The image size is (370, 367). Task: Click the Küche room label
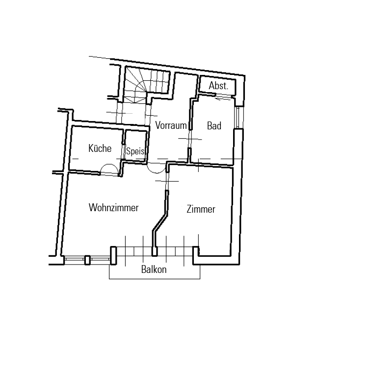pyautogui.click(x=100, y=148)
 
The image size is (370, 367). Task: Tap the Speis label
pyautogui.click(x=135, y=151)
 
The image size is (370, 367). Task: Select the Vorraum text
pyautogui.click(x=171, y=125)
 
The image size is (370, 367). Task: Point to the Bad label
pyautogui.click(x=214, y=126)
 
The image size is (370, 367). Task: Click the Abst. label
pyautogui.click(x=218, y=86)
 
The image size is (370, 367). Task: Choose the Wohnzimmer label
pyautogui.click(x=113, y=208)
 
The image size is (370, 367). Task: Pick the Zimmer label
pyautogui.click(x=201, y=209)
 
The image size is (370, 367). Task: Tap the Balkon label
pyautogui.click(x=154, y=269)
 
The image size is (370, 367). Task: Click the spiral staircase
pyautogui.click(x=146, y=85)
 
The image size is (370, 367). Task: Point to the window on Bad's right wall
pyautogui.click(x=238, y=118)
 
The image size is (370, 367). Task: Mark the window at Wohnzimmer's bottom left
pyautogui.click(x=87, y=259)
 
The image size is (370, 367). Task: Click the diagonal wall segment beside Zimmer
pyautogui.click(x=160, y=222)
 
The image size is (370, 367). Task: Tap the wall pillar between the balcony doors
pyautogui.click(x=155, y=251)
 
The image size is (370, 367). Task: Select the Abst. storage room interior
pyautogui.click(x=217, y=86)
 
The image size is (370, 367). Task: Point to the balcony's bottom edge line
pyautogui.click(x=155, y=279)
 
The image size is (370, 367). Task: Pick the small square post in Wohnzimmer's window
pyautogui.click(x=87, y=260)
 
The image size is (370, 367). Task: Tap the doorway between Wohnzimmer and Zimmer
pyautogui.click(x=167, y=181)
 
